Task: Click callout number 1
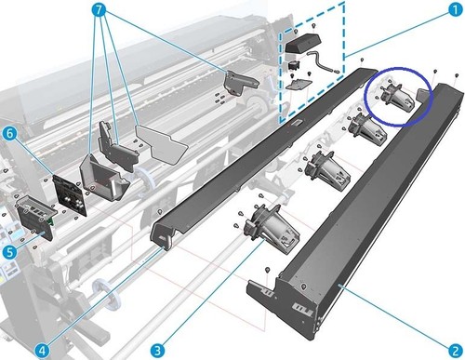455,9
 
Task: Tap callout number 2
455,351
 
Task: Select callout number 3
157,351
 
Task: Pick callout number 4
42,351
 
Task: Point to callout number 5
9,252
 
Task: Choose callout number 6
9,134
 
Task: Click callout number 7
99,9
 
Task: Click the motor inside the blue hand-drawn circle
397,97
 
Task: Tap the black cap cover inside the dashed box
303,43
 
